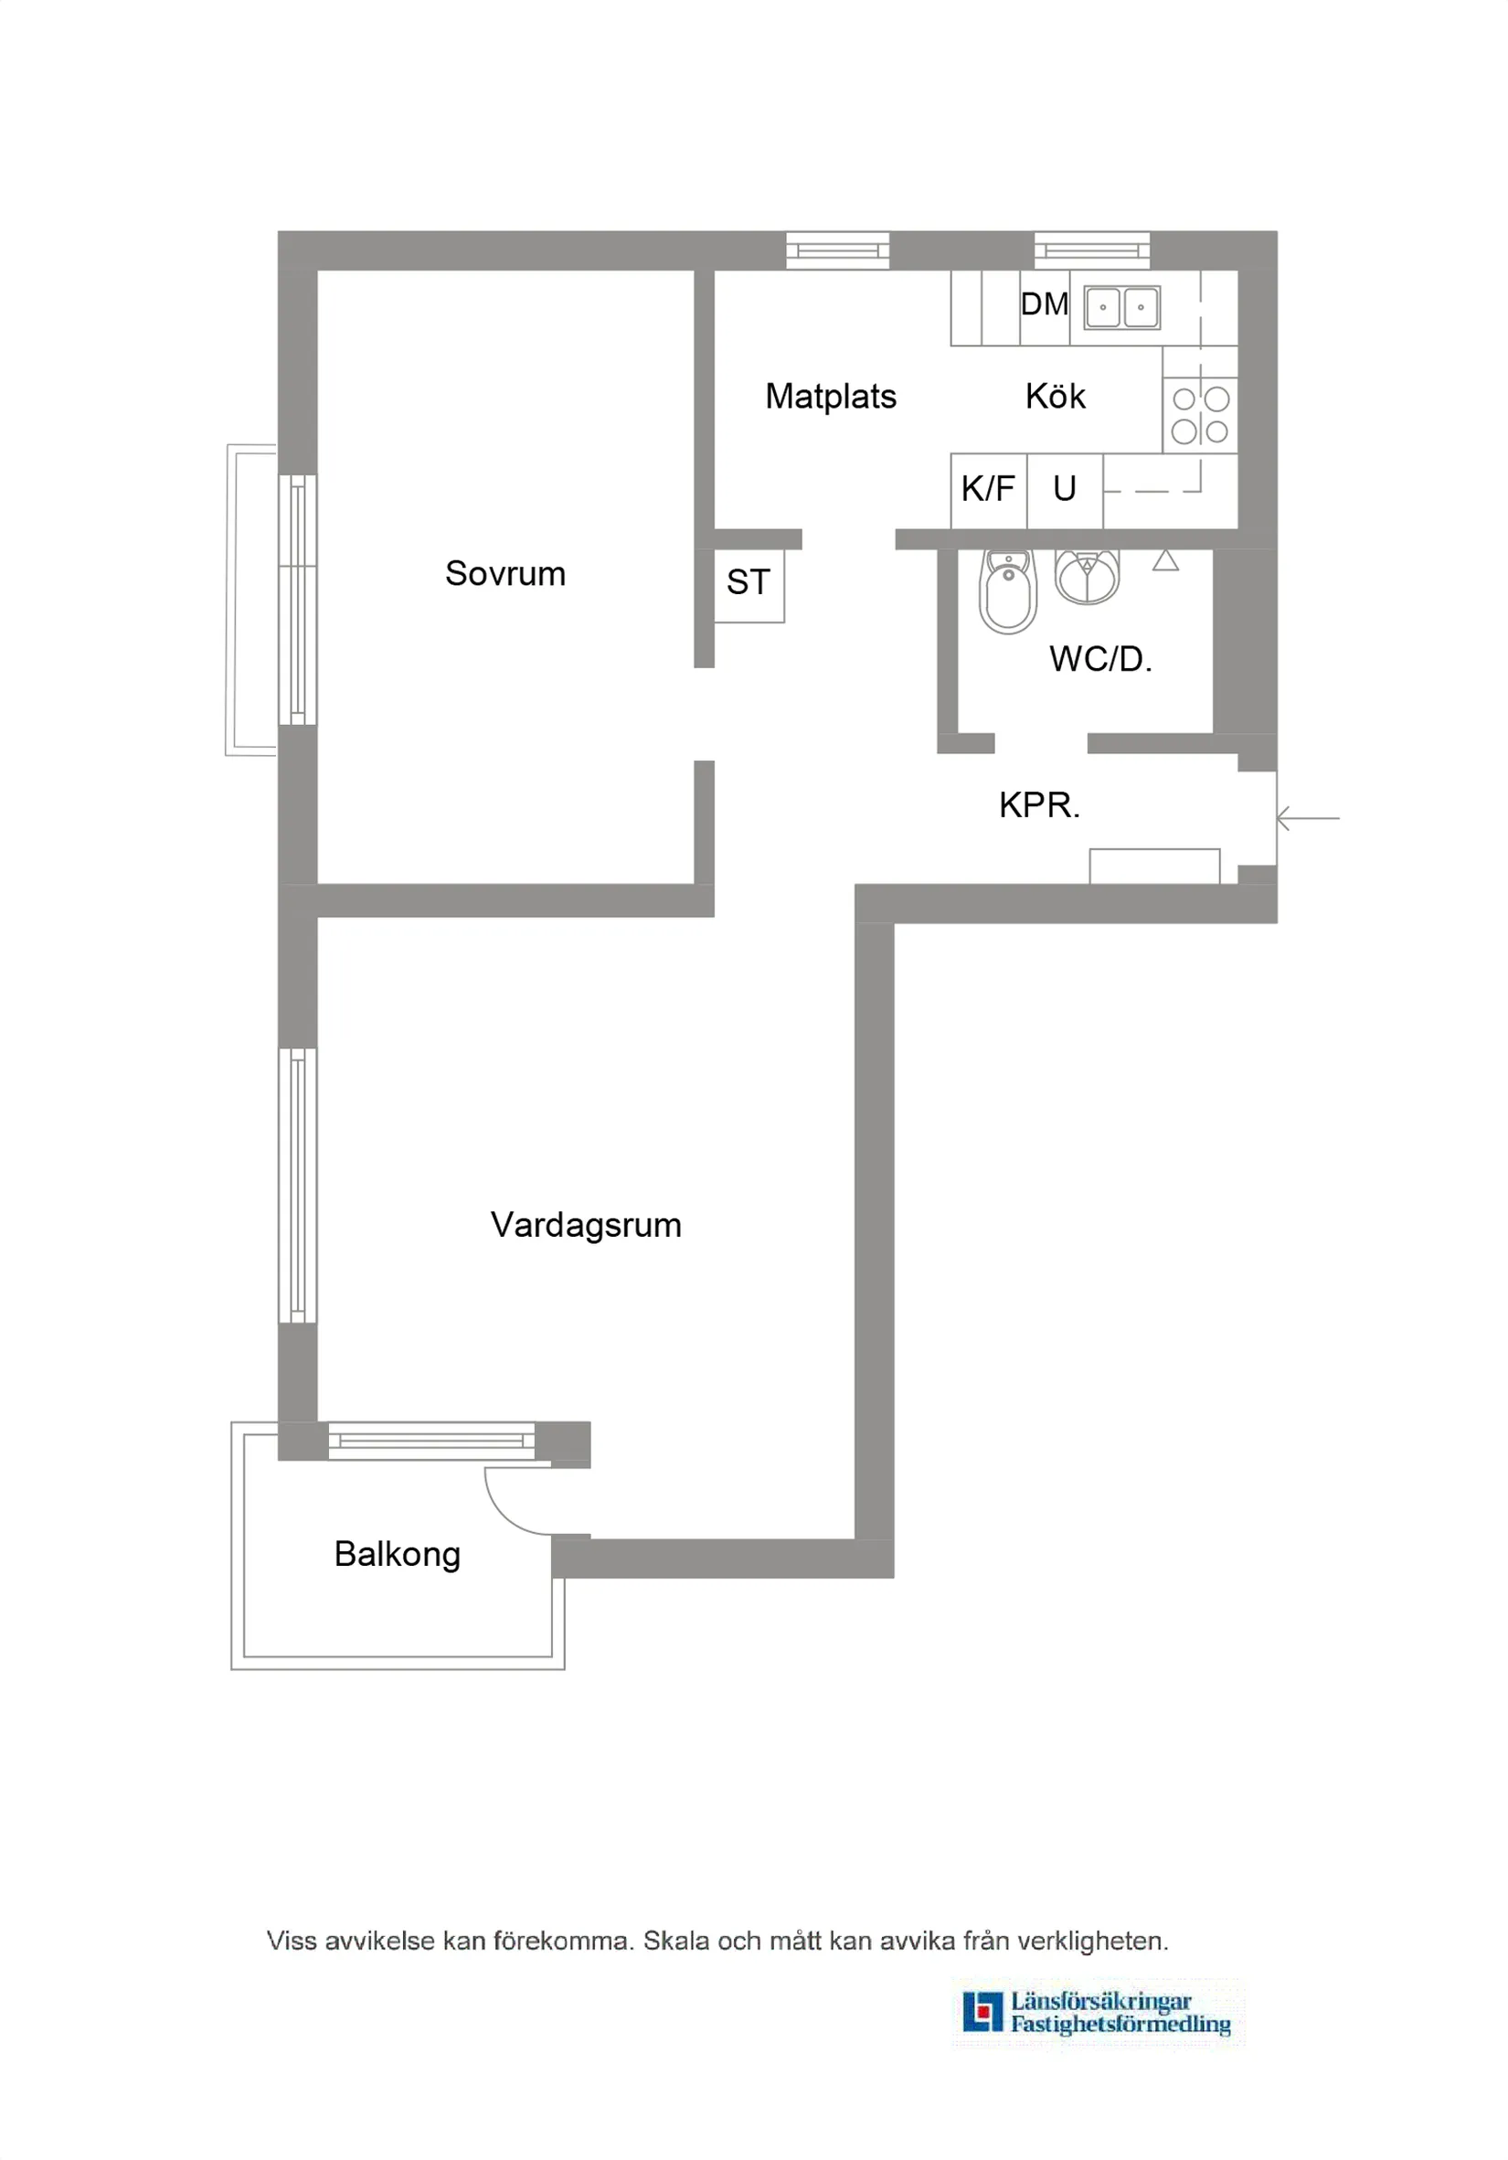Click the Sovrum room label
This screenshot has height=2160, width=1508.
(x=505, y=574)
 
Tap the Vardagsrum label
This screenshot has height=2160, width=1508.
(x=585, y=1225)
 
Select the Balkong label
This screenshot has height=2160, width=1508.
(x=397, y=1554)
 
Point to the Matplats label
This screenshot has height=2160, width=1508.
(x=831, y=396)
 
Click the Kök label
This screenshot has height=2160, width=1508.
(x=1055, y=396)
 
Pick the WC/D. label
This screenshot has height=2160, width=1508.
(x=1099, y=658)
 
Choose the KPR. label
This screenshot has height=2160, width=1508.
(x=1038, y=805)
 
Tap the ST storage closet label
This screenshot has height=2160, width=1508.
(x=748, y=582)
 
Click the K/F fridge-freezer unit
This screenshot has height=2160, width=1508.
(x=988, y=489)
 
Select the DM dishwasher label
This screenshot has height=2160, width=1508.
(x=1045, y=303)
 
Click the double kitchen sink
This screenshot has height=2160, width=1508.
(x=1121, y=307)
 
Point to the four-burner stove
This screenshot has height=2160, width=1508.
(x=1199, y=415)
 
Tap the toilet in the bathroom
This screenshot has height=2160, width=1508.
(x=1007, y=592)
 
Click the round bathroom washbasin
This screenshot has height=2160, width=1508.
(x=1088, y=576)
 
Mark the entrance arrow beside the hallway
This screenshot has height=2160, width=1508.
(x=1308, y=818)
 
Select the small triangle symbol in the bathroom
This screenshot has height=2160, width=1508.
(x=1165, y=560)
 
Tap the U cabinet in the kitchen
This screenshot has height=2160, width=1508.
(x=1064, y=489)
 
